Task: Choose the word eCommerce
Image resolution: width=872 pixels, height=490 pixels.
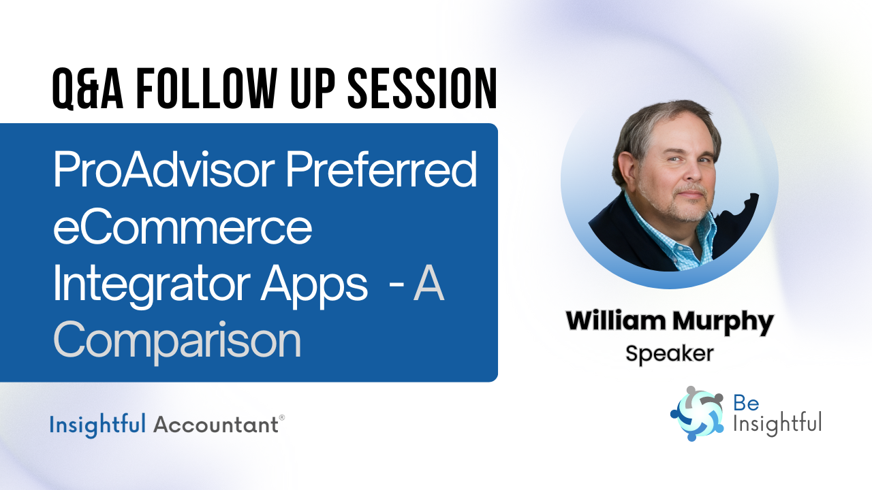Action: (183, 229)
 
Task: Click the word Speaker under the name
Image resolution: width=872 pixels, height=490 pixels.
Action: (669, 353)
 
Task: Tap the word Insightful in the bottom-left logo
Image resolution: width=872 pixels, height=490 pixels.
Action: (97, 425)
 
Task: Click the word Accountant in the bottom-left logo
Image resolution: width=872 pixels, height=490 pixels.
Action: (215, 425)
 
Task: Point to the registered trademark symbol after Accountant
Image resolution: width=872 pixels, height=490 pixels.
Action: (282, 419)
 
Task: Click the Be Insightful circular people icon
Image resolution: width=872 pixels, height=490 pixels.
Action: (696, 414)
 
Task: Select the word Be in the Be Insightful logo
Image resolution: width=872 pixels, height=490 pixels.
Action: (742, 404)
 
